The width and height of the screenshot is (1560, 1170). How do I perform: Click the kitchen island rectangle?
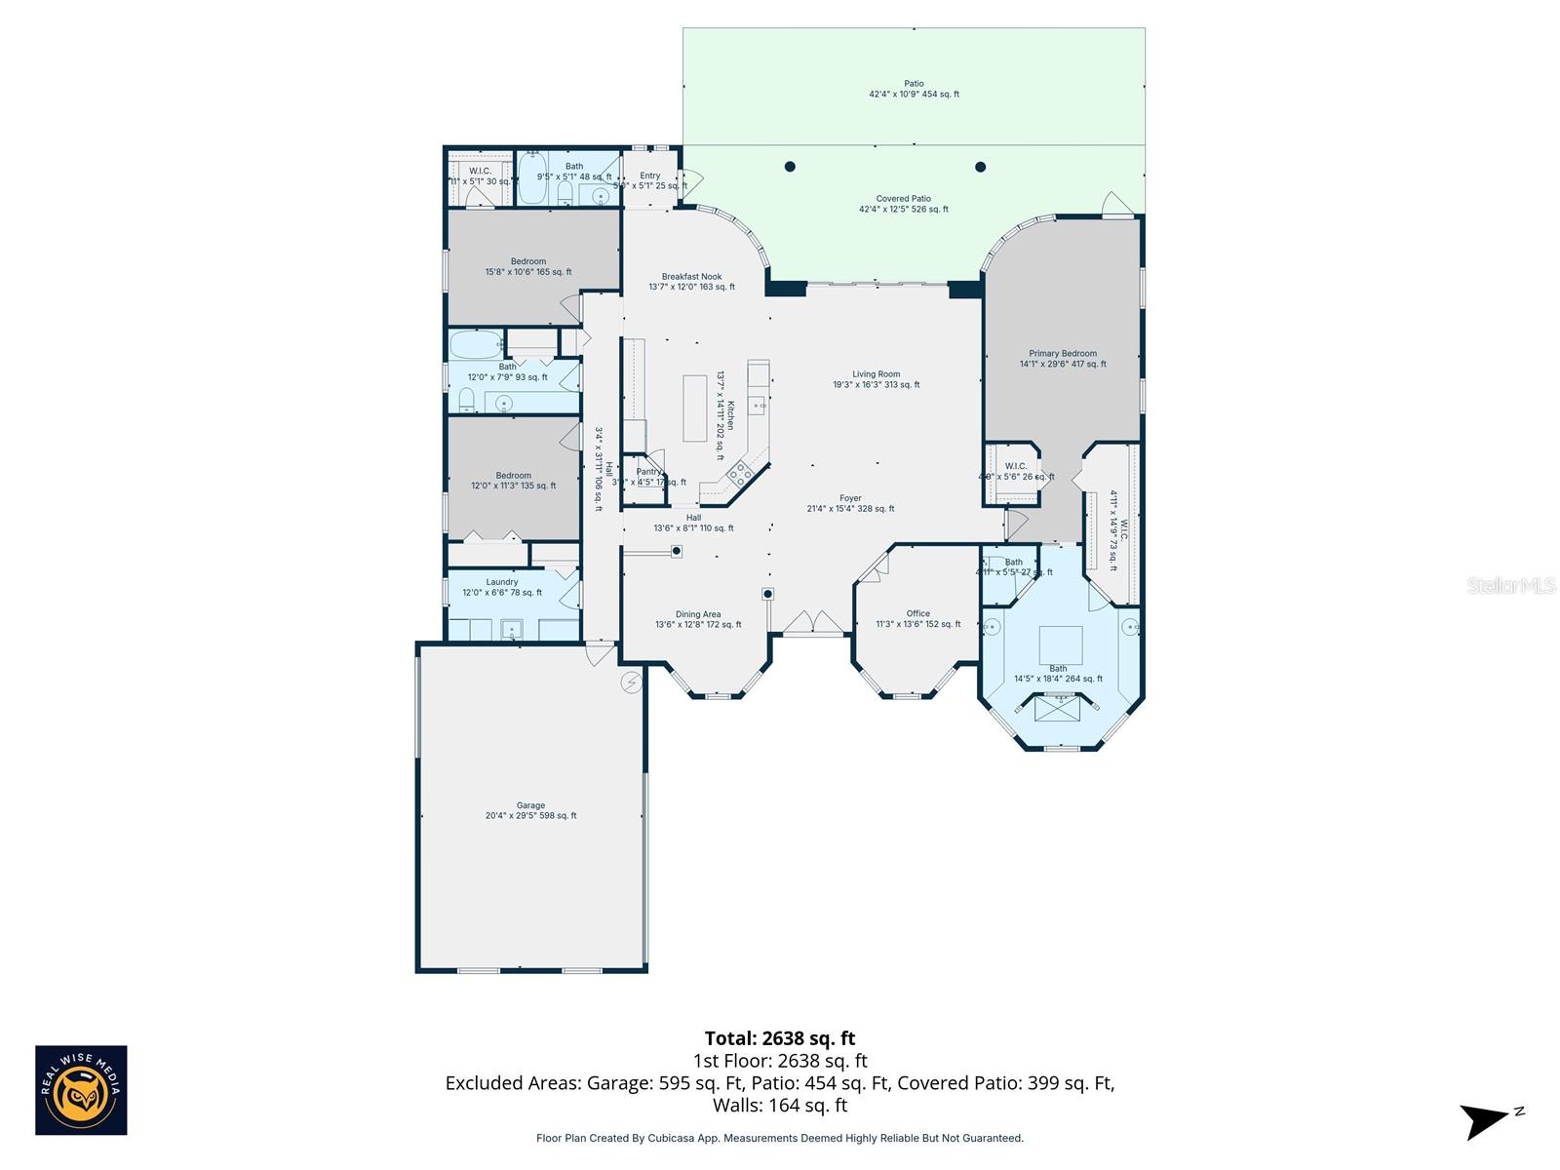coord(694,409)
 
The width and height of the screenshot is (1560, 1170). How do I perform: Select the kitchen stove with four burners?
coord(739,475)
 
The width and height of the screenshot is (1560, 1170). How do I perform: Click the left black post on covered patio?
coord(790,167)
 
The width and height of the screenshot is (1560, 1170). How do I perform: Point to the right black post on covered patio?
coord(981,167)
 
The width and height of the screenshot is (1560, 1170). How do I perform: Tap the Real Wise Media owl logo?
coord(81,1090)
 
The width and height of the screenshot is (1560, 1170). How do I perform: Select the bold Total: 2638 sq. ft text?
coord(779,1038)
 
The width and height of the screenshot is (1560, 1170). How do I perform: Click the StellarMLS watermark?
coord(1511,585)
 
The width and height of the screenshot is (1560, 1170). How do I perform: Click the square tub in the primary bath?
coord(1060,645)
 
